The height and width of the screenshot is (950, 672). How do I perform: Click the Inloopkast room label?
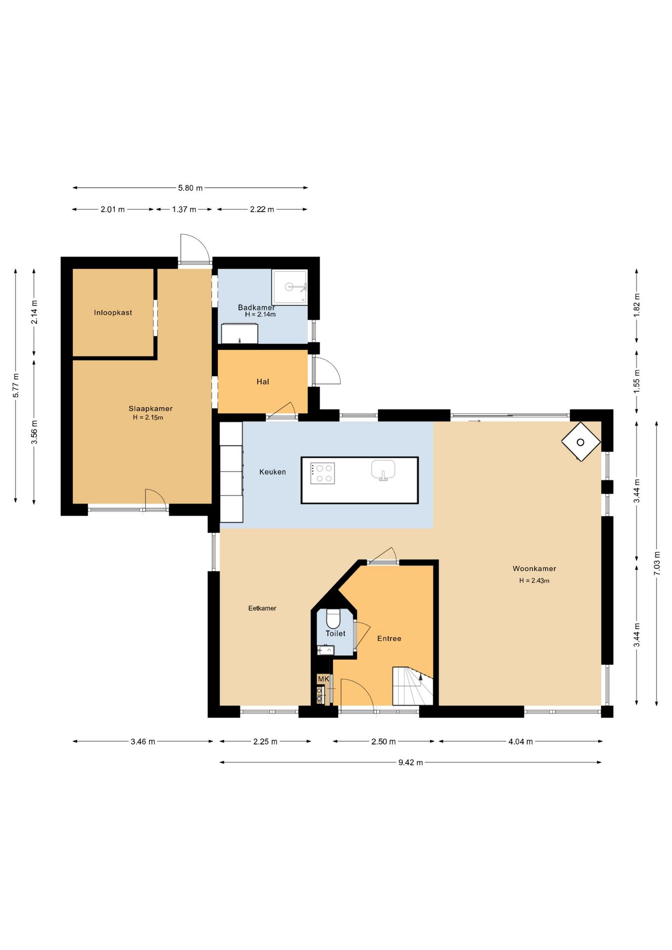pos(113,313)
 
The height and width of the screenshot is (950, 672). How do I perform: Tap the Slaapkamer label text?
pos(150,409)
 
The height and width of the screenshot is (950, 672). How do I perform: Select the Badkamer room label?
pos(256,307)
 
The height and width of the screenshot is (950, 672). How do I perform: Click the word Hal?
pos(263,381)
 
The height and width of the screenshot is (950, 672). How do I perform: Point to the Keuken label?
pos(273,472)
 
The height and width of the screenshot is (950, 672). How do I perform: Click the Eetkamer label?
pos(262,608)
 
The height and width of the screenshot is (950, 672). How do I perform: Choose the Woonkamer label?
pos(534,569)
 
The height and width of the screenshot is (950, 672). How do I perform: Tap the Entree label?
pos(389,639)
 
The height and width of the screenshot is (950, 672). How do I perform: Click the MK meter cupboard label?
pos(324,679)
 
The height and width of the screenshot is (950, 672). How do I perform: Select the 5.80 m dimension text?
pos(191,188)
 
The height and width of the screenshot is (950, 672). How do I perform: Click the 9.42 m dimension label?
pos(411,762)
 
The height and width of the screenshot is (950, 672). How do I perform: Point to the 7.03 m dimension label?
pos(657,563)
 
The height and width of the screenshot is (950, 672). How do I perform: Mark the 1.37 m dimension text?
pos(184,209)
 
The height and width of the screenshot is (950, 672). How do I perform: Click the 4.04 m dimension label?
pos(521,742)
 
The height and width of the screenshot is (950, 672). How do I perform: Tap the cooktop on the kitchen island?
pos(323,473)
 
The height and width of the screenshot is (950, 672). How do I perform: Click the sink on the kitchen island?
pos(383,470)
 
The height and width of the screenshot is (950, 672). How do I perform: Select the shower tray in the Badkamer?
pos(289,287)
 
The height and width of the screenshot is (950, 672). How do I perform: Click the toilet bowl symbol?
pos(334,618)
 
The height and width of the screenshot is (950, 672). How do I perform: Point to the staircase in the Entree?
pos(413,686)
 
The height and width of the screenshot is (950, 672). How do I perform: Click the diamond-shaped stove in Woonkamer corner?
pos(580,442)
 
